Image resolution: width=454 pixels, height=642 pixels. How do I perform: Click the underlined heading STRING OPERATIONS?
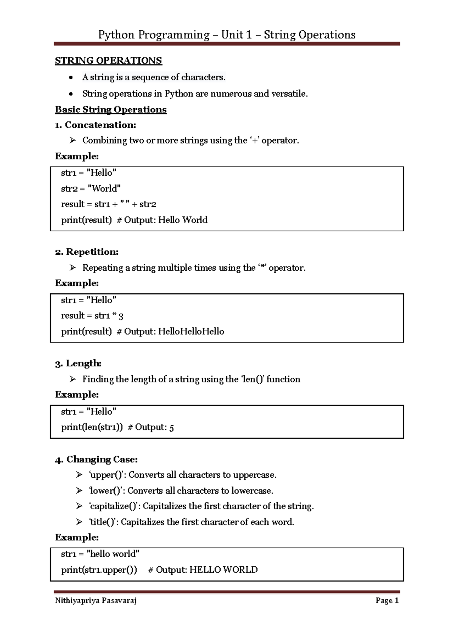pyautogui.click(x=108, y=61)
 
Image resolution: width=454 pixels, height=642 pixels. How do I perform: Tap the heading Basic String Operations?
pyautogui.click(x=110, y=110)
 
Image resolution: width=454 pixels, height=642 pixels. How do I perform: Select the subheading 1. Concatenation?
pyautogui.click(x=95, y=125)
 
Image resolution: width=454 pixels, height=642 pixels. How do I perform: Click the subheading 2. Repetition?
pyautogui.click(x=87, y=252)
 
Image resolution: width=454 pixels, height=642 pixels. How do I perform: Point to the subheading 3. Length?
pyautogui.click(x=78, y=363)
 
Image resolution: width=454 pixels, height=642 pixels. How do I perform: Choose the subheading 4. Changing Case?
pyautogui.click(x=96, y=460)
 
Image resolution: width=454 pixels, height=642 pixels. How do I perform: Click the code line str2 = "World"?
pyautogui.click(x=91, y=189)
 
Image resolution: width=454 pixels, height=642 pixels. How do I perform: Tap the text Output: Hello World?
pyautogui.click(x=165, y=220)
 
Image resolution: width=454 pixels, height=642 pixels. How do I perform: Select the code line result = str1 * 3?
pyautogui.click(x=92, y=316)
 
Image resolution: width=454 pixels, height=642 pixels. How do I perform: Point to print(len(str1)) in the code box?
pyautogui.click(x=92, y=427)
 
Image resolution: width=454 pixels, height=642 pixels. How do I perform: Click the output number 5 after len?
pyautogui.click(x=171, y=428)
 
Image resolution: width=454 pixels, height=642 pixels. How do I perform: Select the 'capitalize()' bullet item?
pyautogui.click(x=201, y=506)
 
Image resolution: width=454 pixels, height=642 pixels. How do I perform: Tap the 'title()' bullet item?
pyautogui.click(x=191, y=522)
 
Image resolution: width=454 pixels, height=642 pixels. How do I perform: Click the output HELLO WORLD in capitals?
pyautogui.click(x=223, y=570)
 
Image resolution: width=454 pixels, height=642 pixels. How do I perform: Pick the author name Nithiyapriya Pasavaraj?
pyautogui.click(x=96, y=601)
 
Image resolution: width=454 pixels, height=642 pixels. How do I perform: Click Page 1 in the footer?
pyautogui.click(x=387, y=601)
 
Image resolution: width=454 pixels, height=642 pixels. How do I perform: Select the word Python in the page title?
pyautogui.click(x=116, y=35)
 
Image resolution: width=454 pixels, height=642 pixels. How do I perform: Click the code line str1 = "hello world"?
pyautogui.click(x=100, y=554)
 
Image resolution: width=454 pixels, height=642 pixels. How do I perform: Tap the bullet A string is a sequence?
pyautogui.click(x=153, y=78)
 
